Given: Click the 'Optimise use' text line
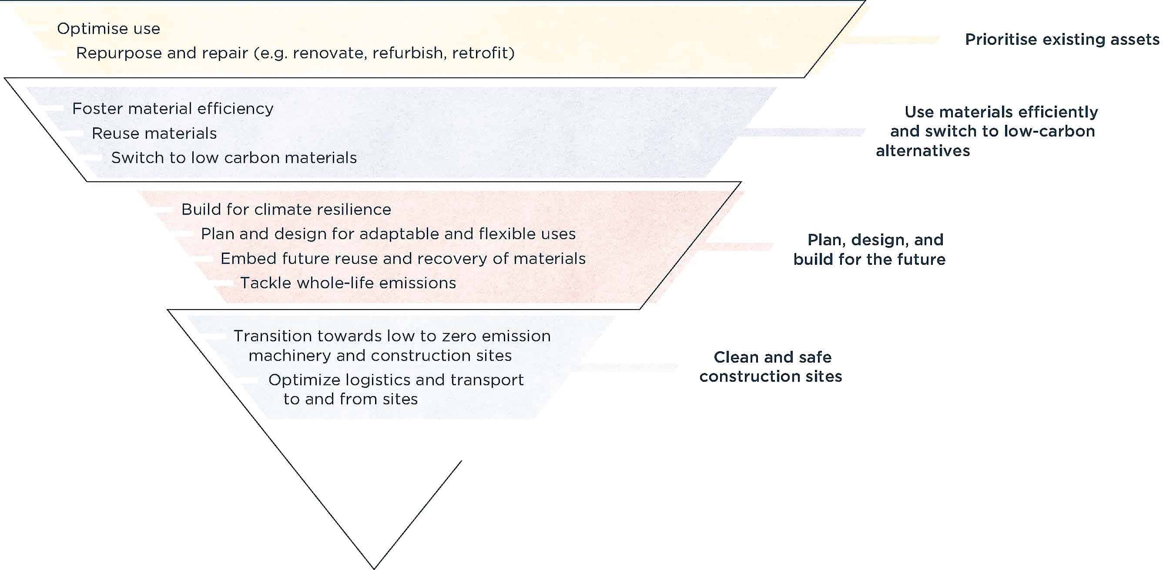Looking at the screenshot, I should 108,29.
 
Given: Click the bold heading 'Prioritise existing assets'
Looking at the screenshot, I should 1062,40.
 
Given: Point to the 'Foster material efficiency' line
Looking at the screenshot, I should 172,109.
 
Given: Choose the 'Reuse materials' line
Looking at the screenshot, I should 154,133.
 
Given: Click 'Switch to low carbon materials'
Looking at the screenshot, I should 234,158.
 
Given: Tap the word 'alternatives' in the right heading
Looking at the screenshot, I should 923,151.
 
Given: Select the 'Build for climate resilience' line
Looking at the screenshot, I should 286,210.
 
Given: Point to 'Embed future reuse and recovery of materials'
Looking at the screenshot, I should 403,259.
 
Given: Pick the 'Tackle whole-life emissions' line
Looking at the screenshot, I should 348,283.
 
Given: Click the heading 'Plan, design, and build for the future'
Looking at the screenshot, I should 870,250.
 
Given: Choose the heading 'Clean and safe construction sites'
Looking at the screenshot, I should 771,367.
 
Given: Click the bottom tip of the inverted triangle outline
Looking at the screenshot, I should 374,568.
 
